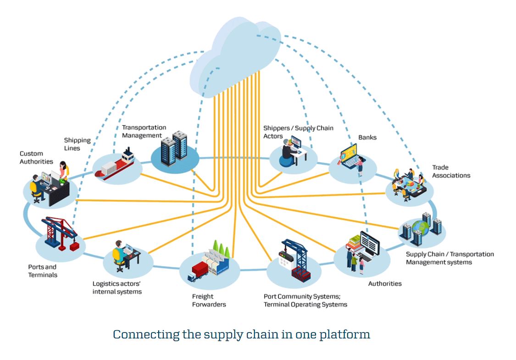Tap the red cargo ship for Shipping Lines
point(115,165)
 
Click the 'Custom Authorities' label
point(36,157)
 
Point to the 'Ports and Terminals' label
point(43,271)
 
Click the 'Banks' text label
point(367,137)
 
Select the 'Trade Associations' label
point(451,171)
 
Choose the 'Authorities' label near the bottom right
point(385,283)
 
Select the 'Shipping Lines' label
point(77,144)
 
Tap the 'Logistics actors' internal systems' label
point(117,288)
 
